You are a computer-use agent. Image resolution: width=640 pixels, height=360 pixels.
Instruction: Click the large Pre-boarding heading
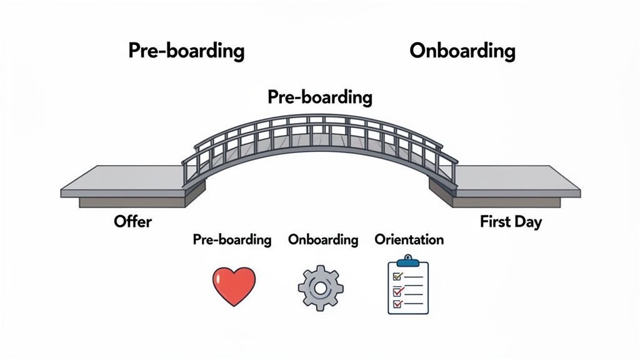[x=186, y=51]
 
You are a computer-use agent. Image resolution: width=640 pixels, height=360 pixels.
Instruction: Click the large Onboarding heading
[x=462, y=51]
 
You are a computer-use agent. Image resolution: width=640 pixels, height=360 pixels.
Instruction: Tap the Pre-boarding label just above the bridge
[x=319, y=97]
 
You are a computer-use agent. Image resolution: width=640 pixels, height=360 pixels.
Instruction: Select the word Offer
[x=132, y=221]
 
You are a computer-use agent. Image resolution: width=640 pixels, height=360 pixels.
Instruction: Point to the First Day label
[x=511, y=221]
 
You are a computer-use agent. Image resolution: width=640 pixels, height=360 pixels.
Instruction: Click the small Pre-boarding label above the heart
[x=232, y=239]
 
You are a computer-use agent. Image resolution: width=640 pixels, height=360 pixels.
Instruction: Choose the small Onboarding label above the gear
[x=323, y=239]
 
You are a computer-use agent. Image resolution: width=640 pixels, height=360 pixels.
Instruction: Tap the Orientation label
[x=409, y=239]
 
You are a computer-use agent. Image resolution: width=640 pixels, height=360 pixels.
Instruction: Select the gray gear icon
[x=320, y=287]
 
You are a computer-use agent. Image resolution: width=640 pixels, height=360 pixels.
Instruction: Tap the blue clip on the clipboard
[x=408, y=261]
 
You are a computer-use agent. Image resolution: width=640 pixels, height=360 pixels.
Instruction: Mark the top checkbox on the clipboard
[x=395, y=276]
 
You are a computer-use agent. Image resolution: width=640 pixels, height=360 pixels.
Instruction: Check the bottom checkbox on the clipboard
[x=395, y=304]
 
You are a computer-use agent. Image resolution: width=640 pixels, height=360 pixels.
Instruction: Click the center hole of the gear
[x=320, y=288]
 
